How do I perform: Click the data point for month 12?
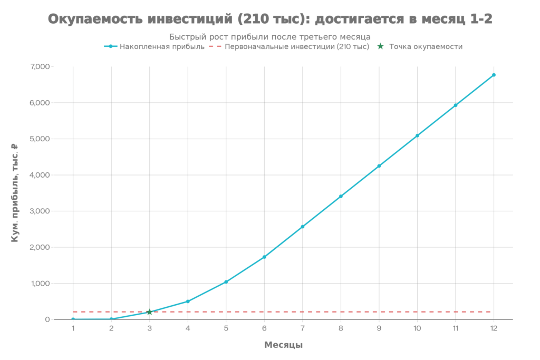494,75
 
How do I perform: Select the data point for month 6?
264,257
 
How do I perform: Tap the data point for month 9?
379,166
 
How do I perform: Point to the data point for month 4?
188,301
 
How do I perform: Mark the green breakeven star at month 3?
150,312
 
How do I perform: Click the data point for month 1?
73,319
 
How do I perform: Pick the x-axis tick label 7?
302,328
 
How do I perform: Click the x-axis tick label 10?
417,328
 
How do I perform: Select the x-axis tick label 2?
111,328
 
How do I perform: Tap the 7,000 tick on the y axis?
41,67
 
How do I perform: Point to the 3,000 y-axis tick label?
41,211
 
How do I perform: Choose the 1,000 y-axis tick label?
41,284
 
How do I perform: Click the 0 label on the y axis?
47,319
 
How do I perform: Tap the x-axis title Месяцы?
283,345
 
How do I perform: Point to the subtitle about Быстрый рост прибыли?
270,36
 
